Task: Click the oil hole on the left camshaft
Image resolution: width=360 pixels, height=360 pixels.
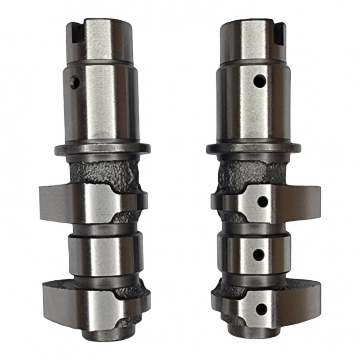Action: point(75,82)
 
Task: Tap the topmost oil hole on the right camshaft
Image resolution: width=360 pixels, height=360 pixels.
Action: point(259,81)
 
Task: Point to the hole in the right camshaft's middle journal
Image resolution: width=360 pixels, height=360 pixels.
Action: point(259,254)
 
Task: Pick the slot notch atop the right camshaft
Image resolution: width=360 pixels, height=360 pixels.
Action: point(279,33)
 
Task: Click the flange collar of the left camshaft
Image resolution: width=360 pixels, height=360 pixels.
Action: point(103,148)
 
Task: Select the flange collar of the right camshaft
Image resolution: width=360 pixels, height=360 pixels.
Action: point(253,148)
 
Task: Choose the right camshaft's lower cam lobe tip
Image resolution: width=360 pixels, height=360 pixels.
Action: point(315,299)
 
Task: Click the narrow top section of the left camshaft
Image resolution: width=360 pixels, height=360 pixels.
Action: point(101,40)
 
